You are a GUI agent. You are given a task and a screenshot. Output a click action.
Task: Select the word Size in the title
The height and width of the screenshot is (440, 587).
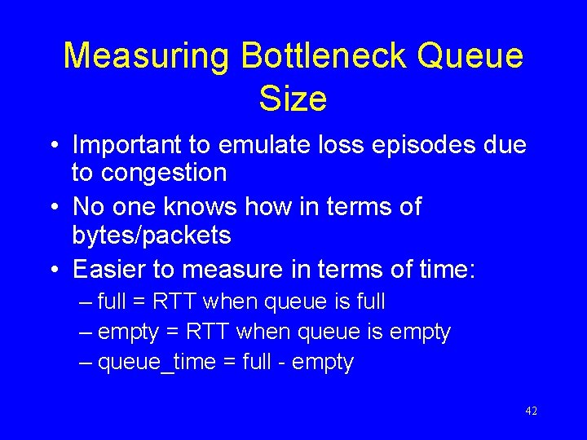coord(293,99)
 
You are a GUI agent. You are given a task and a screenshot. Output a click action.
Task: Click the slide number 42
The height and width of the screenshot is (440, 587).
coord(531,411)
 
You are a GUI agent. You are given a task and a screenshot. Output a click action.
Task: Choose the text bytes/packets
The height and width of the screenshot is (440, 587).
coord(152,235)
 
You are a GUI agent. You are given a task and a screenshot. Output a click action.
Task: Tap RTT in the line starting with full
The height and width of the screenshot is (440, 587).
coord(171,302)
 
